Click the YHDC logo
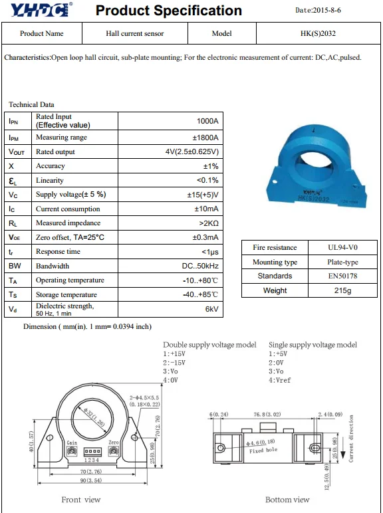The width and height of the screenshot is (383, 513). pos(42,9)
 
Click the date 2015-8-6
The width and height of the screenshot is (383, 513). pos(326,10)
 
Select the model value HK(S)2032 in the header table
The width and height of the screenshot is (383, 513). pos(318,33)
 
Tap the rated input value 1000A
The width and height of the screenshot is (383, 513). pos(207,121)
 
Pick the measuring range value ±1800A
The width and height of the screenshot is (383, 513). pos(205,138)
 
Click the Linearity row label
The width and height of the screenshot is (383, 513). pos(50,180)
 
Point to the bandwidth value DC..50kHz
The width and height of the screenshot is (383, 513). pos(200,266)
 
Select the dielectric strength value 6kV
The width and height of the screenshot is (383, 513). pos(212,309)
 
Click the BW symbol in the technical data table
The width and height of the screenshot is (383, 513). pos(15,266)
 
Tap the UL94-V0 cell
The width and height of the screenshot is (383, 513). pos(342,247)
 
